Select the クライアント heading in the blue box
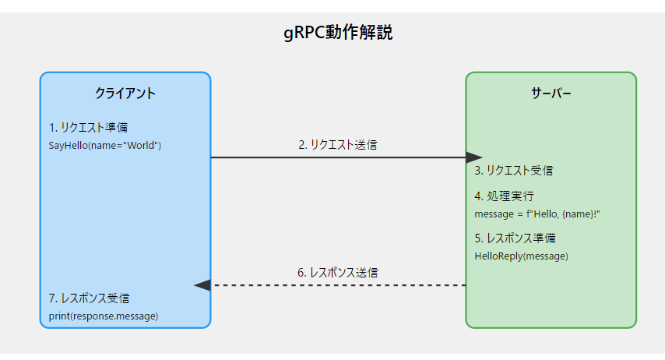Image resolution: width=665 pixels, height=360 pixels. coord(125,94)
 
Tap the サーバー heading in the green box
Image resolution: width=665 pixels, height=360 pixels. coord(551,94)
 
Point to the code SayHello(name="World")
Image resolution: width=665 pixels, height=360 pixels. coord(104,146)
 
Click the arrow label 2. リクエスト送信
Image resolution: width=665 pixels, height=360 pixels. coord(338,144)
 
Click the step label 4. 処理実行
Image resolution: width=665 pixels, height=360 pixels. coord(504,196)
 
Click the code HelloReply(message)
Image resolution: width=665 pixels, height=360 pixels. coord(521,256)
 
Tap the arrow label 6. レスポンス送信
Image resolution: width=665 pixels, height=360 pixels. coord(338,273)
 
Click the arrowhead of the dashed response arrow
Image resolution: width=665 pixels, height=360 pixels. coord(202,285)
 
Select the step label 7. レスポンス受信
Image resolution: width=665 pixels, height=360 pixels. coord(89,298)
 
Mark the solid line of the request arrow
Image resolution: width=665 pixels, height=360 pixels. coord(335,157)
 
